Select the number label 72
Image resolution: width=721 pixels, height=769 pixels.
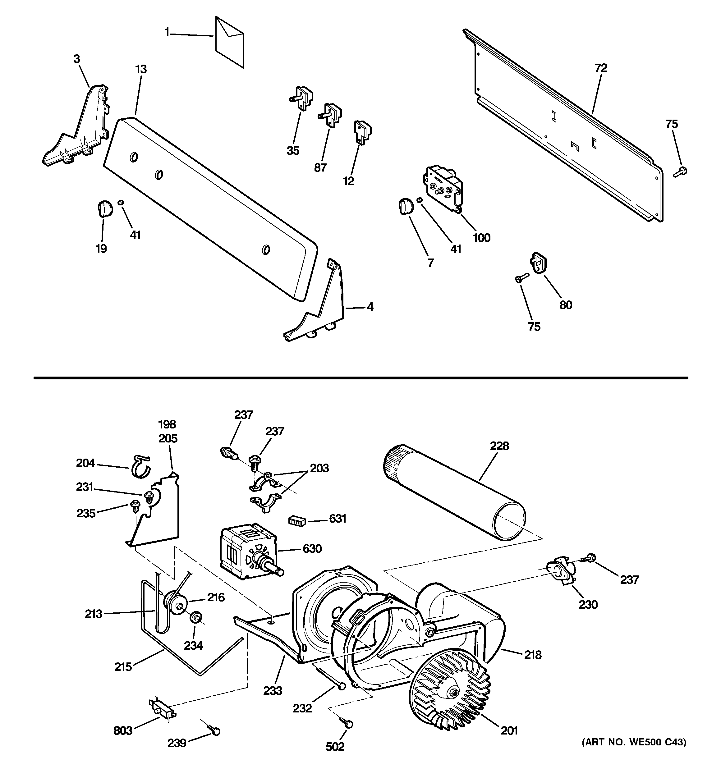coord(601,68)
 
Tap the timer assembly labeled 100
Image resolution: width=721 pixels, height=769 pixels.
coord(444,188)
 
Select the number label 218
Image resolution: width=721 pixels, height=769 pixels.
coord(533,655)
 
